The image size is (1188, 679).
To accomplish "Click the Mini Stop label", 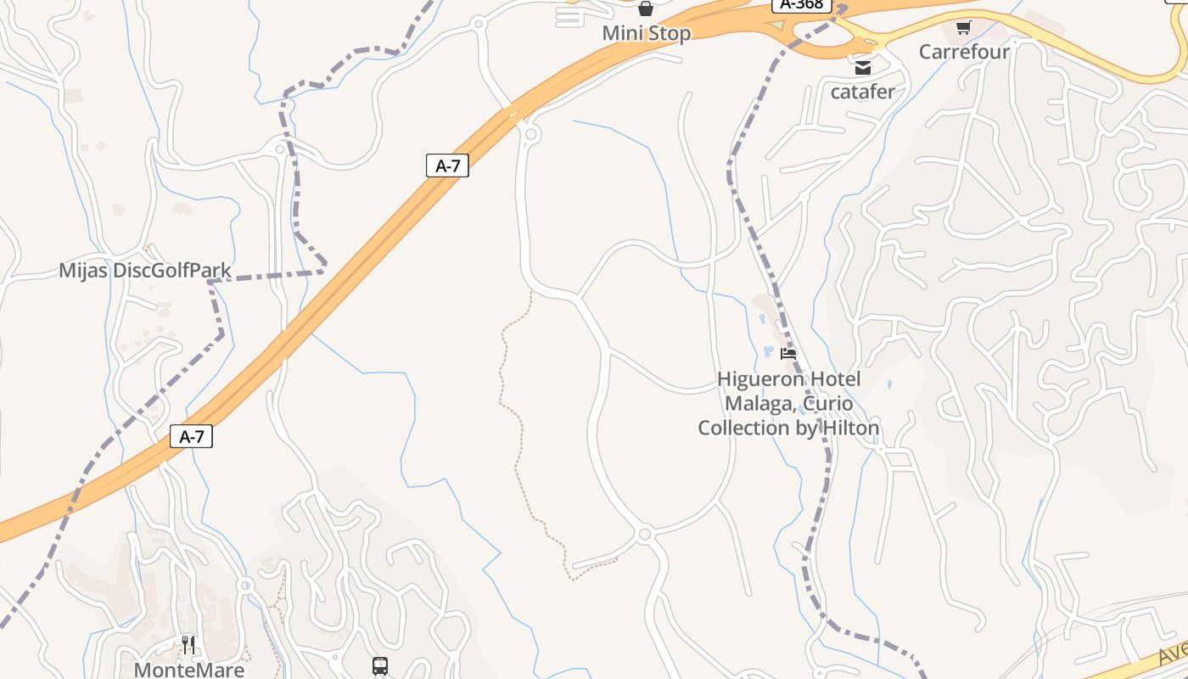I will coord(646,34).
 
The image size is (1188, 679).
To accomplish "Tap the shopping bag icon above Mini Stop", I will coord(646,9).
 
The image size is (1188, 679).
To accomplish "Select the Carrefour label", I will coord(964,52).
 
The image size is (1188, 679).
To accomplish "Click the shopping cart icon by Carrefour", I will coord(963,28).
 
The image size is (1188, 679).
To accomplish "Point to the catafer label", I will coord(862,92).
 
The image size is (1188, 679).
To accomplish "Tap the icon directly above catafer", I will coord(863,68).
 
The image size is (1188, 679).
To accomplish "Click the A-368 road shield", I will coord(801,4).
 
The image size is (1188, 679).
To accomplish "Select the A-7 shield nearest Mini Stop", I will coord(447,166).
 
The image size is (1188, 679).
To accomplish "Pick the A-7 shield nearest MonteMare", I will coord(192,437).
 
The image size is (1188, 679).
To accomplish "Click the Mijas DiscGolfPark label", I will coord(144,271).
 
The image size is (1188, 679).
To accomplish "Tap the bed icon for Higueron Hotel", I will coord(788,354).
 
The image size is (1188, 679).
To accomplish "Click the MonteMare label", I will coord(188,670).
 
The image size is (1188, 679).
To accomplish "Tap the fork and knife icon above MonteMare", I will coord(188,646).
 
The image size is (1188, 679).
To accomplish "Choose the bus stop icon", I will coord(379,666).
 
